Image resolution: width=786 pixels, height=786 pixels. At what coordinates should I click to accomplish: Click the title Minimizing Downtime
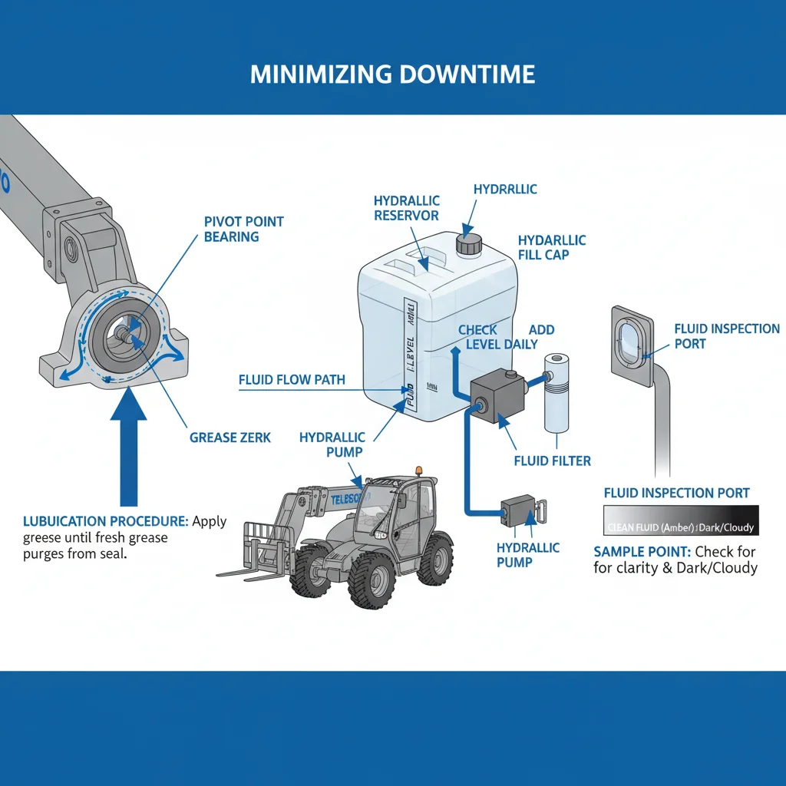click(392, 74)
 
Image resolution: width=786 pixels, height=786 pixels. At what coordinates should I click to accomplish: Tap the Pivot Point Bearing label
click(243, 229)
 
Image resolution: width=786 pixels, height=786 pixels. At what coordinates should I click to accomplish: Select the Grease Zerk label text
click(230, 438)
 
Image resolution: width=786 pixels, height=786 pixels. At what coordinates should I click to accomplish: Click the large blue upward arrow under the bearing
click(128, 445)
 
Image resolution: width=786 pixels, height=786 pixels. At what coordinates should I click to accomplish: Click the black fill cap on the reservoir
click(467, 244)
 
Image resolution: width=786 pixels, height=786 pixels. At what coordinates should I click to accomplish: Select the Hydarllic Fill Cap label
click(551, 247)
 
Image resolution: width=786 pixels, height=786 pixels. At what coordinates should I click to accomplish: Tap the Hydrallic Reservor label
click(406, 208)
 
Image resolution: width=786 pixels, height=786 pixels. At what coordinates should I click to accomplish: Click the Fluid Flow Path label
click(292, 379)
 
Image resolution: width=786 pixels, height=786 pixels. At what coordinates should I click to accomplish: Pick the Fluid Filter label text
click(552, 461)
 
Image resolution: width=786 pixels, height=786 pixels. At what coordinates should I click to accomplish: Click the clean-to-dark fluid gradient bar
click(681, 520)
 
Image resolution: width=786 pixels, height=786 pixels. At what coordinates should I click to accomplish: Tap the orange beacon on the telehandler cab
click(418, 470)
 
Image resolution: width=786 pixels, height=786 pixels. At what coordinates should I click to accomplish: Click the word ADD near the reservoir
click(541, 330)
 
